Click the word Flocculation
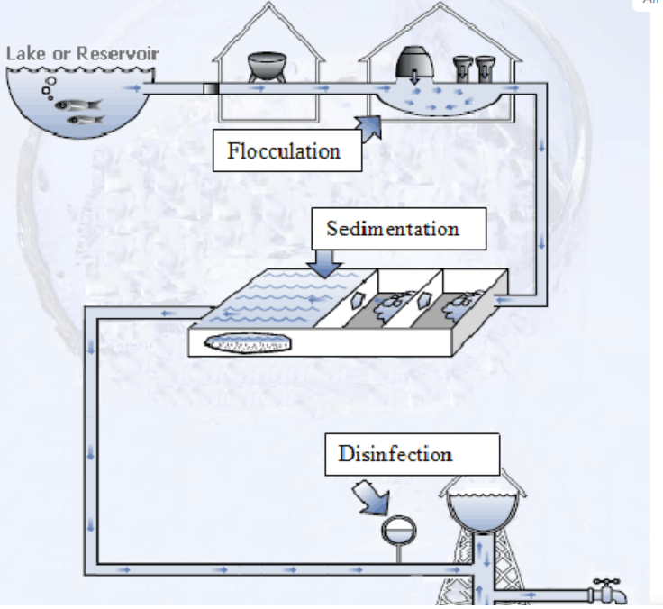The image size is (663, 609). point(284,150)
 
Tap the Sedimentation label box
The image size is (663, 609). point(393,229)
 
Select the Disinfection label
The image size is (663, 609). point(395,454)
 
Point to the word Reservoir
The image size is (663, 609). point(117,53)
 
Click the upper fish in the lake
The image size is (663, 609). point(76,105)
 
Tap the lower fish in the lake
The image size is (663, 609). point(84,119)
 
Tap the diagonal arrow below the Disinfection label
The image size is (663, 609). point(371,496)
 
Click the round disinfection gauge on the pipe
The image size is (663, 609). point(397,530)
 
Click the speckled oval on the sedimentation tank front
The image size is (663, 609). point(249,343)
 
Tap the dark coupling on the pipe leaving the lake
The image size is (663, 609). point(210,88)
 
